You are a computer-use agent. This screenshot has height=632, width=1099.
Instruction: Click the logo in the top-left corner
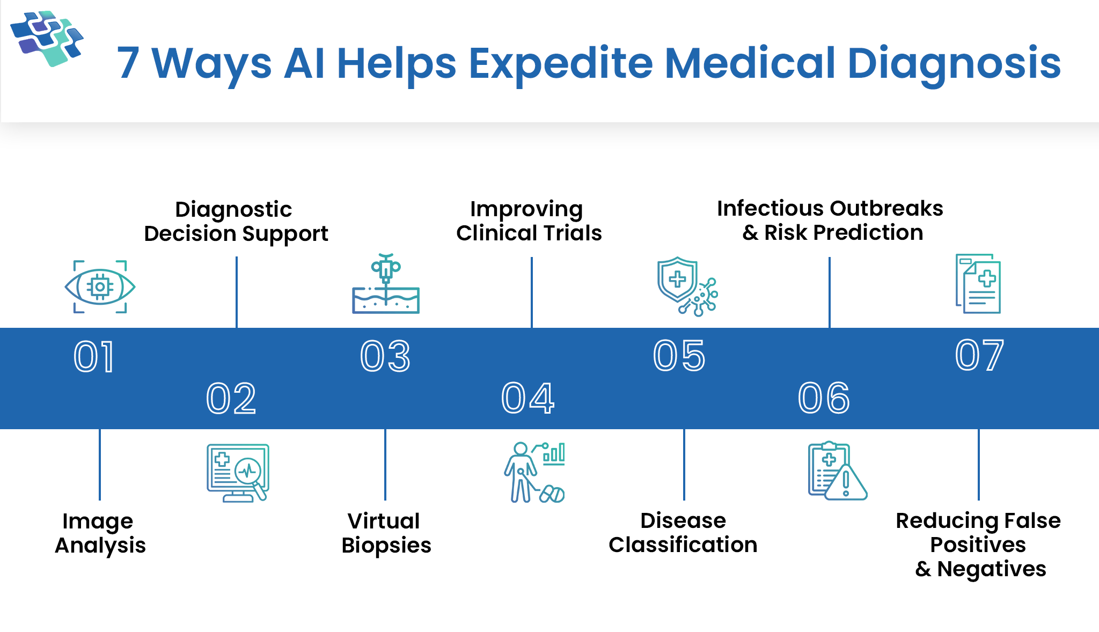tap(47, 39)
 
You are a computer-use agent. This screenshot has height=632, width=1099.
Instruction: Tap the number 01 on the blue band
tap(94, 357)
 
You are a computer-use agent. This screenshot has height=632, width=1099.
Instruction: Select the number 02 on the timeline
tap(231, 399)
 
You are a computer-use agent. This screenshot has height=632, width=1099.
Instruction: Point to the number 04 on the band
tap(527, 399)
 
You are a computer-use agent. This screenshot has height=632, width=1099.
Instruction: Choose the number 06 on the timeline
tap(824, 399)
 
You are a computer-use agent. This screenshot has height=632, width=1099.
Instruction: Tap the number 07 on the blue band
tap(979, 356)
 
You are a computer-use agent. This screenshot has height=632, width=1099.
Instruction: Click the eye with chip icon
tap(100, 286)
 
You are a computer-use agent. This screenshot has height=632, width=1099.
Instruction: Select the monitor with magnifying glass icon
tap(238, 473)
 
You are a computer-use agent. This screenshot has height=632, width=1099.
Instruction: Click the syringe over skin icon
tap(385, 284)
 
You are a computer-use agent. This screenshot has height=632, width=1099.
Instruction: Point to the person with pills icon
tap(534, 473)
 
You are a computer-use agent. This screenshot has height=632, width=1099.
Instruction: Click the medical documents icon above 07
tap(978, 284)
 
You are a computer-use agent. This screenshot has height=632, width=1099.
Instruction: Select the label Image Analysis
tap(100, 533)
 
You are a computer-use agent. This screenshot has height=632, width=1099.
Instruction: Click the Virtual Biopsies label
tap(386, 533)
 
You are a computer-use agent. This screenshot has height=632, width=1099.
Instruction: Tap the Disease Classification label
tap(683, 532)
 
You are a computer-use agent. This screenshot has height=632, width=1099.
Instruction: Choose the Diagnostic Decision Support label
tap(236, 221)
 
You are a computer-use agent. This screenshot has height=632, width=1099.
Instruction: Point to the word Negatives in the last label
tap(991, 569)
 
